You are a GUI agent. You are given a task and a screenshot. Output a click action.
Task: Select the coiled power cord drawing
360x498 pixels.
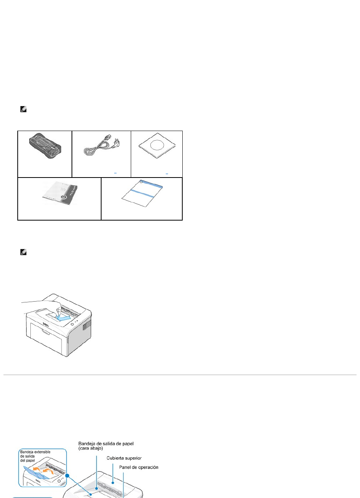click(x=102, y=147)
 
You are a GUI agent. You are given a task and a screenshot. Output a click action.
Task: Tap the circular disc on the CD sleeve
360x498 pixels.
click(x=157, y=145)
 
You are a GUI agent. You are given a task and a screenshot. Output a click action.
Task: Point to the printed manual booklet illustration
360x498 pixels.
click(x=60, y=193)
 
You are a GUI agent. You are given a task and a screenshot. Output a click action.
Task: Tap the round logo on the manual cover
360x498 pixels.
click(x=64, y=197)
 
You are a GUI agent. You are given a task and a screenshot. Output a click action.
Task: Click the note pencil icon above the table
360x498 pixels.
click(x=23, y=109)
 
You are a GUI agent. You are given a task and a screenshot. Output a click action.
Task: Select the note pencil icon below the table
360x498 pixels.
click(x=23, y=252)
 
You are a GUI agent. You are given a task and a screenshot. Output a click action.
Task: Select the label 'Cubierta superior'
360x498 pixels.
click(x=124, y=458)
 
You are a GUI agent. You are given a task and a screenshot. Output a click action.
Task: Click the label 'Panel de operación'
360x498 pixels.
click(x=138, y=467)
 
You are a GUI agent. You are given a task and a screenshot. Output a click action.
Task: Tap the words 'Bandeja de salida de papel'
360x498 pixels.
click(x=106, y=443)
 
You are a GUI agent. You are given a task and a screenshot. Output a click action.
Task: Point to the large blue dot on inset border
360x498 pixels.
click(x=67, y=476)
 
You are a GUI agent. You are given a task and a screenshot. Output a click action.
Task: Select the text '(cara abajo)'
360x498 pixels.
click(x=90, y=448)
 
